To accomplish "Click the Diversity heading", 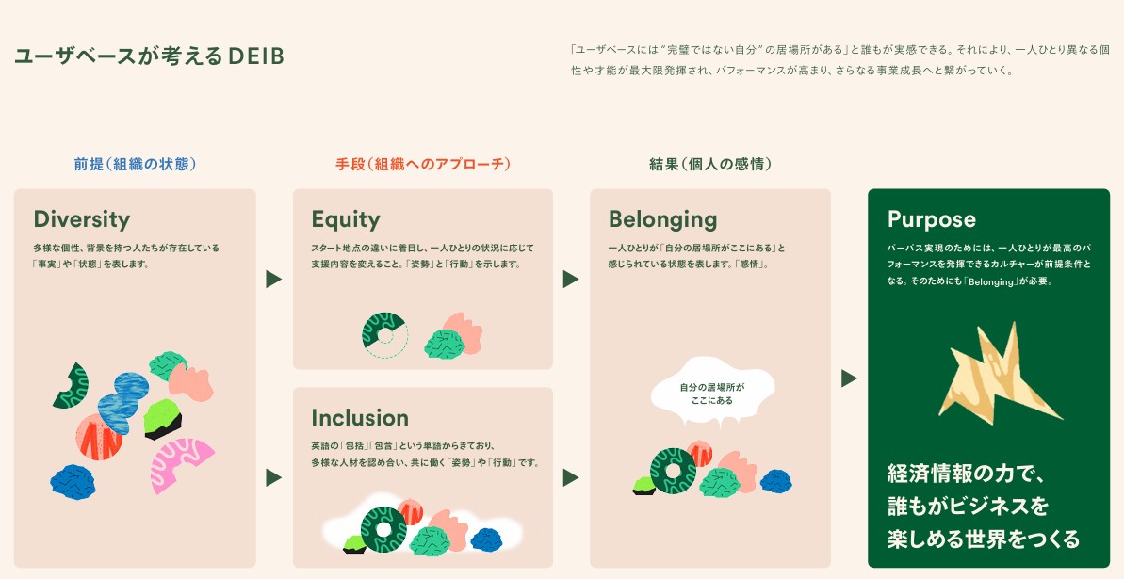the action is (x=82, y=219).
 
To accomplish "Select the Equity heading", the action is (x=346, y=219).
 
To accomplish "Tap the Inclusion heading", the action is (x=360, y=418).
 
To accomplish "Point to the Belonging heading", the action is (x=662, y=219).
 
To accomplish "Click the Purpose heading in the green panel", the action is (x=931, y=219).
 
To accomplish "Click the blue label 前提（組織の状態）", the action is (x=135, y=164).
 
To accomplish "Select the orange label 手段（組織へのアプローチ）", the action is (x=424, y=164).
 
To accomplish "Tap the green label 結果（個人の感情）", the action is (x=710, y=164).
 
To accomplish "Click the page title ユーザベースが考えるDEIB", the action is (x=149, y=56).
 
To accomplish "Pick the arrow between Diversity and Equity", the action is (x=273, y=279).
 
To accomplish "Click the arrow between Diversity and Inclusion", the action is (x=273, y=477).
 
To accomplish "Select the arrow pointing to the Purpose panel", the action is (x=849, y=378).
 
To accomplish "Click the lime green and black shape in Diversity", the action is (x=162, y=420).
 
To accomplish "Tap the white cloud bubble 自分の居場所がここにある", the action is (x=712, y=394).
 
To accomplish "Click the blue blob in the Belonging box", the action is (x=775, y=480).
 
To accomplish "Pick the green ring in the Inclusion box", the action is (x=367, y=529).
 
